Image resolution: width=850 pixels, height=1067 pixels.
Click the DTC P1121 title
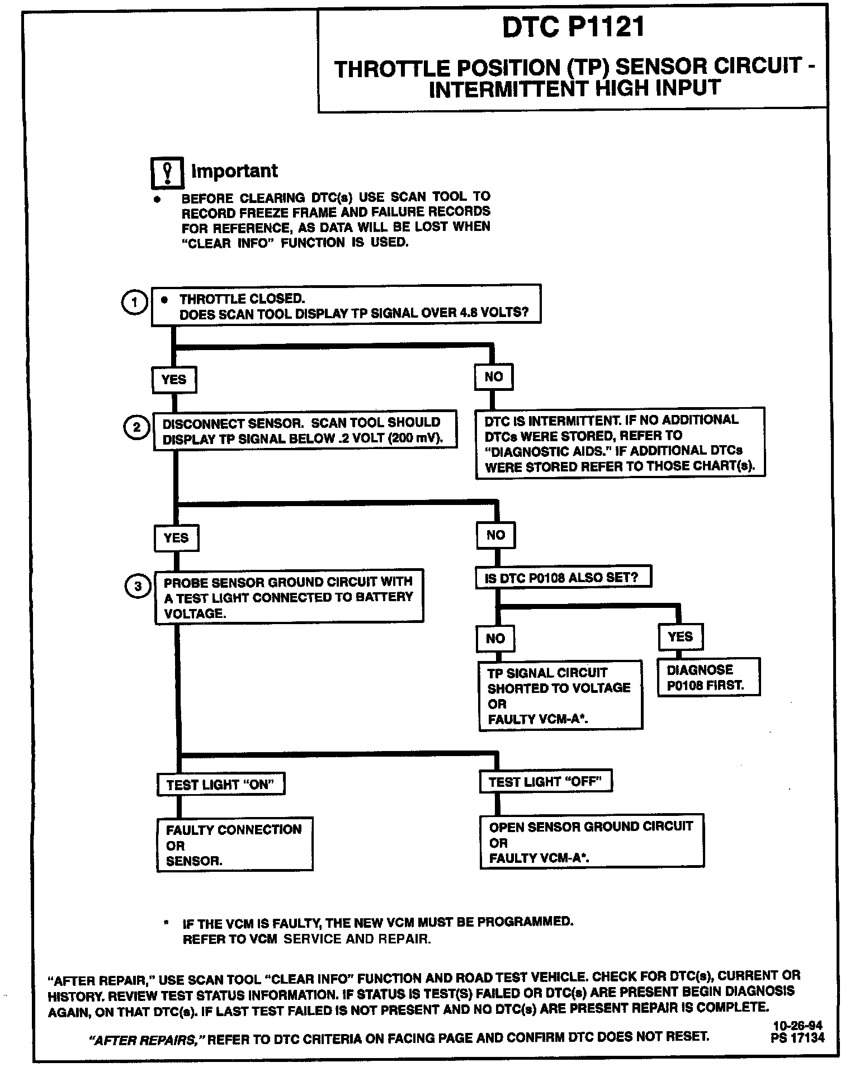pos(573,27)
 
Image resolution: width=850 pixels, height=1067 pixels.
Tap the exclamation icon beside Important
pos(167,172)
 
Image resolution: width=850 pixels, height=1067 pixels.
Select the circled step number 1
pos(134,303)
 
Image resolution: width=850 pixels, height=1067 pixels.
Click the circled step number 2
pos(136,428)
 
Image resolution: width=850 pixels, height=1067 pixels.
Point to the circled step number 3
pos(138,587)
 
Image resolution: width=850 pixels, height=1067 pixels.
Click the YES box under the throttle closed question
pos(174,380)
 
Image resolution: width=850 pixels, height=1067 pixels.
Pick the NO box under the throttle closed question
pos(493,377)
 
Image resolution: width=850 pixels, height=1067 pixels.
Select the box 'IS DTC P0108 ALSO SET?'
pos(563,578)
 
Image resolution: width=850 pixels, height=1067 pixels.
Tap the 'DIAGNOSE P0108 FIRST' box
pos(709,677)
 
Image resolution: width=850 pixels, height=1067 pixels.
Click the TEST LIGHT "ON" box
pos(221,785)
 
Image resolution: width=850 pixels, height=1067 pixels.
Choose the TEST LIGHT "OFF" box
pos(546,782)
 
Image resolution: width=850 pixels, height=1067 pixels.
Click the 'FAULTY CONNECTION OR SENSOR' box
pos(234,845)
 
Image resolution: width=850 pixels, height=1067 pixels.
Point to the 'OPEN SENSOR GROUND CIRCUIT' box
pos(592,842)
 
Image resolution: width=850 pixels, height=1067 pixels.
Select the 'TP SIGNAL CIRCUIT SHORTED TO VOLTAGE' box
pos(560,696)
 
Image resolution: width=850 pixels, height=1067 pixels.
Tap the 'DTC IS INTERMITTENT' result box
pos(620,443)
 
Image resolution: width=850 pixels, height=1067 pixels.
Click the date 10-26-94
pos(797,1026)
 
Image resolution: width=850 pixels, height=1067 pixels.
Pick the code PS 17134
pos(797,1038)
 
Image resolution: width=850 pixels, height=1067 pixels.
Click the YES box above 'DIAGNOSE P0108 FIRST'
pos(680,637)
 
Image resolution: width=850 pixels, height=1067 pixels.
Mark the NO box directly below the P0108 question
pos(495,639)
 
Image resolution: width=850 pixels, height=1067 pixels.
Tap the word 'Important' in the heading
pos(234,171)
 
